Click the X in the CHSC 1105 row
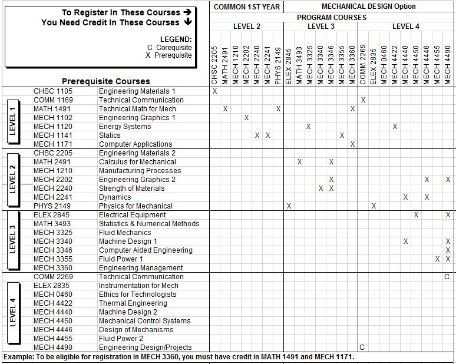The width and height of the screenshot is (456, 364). (x=214, y=91)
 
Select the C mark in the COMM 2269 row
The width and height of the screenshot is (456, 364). (x=447, y=277)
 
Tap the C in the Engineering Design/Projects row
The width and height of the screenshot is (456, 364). (x=362, y=348)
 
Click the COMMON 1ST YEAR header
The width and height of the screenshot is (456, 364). (x=246, y=6)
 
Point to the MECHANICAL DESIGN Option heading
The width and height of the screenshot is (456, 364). (x=369, y=6)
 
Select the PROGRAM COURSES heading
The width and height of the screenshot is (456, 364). (x=332, y=18)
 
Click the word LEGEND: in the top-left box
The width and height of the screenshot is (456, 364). (x=176, y=39)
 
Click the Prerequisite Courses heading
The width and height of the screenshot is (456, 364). (x=106, y=81)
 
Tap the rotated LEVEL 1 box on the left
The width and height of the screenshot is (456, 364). (x=13, y=118)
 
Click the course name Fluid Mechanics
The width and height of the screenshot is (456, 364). (x=125, y=233)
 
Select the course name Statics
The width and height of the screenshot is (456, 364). (x=110, y=135)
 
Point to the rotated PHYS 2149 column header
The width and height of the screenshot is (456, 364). (x=278, y=66)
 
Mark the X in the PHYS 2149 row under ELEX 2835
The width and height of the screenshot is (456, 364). (x=374, y=206)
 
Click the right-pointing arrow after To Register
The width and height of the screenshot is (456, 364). (x=187, y=12)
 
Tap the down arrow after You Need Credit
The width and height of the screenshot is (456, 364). (x=188, y=22)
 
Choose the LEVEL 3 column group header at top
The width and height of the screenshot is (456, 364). (x=321, y=27)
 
